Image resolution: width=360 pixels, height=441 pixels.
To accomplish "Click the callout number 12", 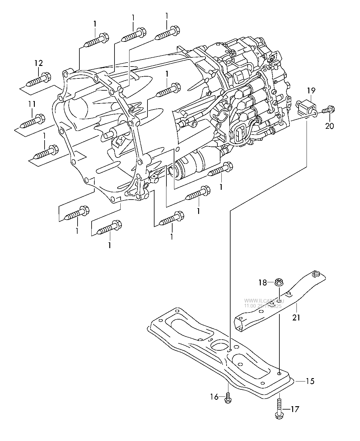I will coord(38,63).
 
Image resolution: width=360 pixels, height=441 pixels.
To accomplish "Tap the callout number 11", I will coord(32,104).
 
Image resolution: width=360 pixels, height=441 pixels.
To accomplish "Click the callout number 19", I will coord(311,90).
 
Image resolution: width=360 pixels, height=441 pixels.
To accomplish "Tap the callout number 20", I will coord(329,125).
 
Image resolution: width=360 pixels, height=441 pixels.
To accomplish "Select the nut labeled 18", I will coord(278,283).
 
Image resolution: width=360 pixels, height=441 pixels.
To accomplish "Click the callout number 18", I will coord(263,283).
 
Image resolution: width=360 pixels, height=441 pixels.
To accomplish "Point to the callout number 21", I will coord(296,317).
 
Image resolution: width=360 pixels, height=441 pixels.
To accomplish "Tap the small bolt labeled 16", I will coord(227,398).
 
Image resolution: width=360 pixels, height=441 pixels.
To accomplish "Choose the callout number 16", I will coord(214,397).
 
